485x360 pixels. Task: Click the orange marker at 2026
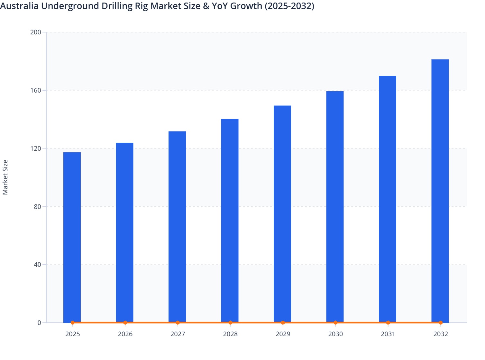point(125,322)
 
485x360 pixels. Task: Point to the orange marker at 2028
point(230,322)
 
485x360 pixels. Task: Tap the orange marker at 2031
point(388,322)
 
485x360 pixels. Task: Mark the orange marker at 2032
point(441,322)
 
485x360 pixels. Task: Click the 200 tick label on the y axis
point(35,32)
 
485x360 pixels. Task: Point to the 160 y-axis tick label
point(35,90)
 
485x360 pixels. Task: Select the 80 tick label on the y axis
point(37,206)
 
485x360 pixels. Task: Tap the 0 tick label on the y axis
point(39,323)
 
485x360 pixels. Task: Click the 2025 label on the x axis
point(72,334)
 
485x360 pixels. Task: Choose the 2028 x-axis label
point(230,334)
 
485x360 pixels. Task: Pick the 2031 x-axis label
point(388,334)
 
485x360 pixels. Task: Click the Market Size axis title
point(5,177)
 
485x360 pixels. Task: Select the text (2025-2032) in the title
point(289,6)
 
